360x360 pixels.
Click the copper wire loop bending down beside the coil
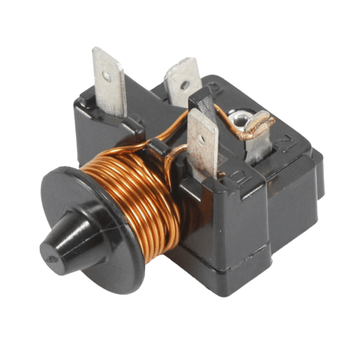[172, 172]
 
